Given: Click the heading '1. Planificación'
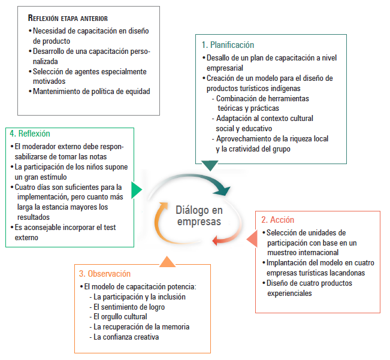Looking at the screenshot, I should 228,45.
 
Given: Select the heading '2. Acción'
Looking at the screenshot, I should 279,220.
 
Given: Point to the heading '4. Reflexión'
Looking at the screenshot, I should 30,134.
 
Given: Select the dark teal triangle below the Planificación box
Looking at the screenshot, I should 210,165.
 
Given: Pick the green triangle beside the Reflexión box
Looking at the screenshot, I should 136,190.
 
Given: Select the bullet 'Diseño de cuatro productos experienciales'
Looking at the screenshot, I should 309,288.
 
